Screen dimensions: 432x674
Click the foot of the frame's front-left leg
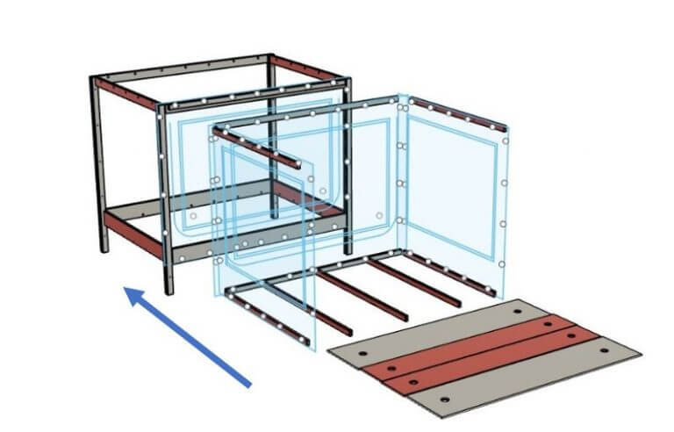click(x=168, y=291)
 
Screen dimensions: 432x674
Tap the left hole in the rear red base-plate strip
click(x=392, y=363)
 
